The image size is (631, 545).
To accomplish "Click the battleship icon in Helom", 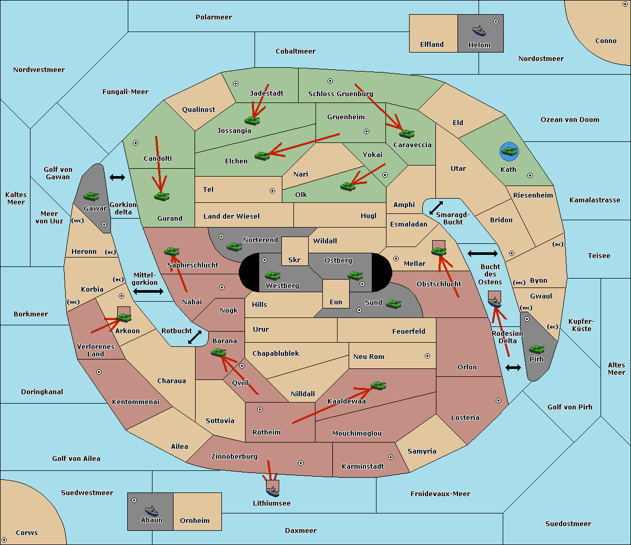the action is tap(479, 30).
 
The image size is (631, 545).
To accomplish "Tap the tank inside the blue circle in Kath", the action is tap(509, 151).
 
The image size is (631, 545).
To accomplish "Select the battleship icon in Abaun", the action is tap(152, 510).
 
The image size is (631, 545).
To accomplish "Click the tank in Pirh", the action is tap(536, 349).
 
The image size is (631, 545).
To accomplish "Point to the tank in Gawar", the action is tap(91, 196).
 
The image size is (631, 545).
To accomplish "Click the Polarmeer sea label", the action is tap(213, 17).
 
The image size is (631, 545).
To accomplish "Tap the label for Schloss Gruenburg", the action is tap(340, 94).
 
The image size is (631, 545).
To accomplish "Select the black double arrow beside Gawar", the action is tap(117, 177).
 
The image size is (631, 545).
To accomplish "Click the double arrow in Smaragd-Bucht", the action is tap(436, 208).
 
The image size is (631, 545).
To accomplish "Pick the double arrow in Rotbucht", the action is tap(195, 337).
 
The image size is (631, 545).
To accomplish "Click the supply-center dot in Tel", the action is tap(272, 191).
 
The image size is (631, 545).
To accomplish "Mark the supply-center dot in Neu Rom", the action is tap(428, 356).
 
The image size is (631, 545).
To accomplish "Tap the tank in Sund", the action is tap(393, 304).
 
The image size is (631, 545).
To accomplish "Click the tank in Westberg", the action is tap(272, 275).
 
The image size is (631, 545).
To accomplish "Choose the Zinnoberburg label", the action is tap(235, 457).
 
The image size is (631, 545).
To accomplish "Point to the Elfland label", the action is tap(432, 45).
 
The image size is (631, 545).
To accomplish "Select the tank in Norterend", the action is tap(234, 246).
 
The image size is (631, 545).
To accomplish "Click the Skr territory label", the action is tap(294, 260).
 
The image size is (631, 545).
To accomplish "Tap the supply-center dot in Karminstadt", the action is tap(391, 457).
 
